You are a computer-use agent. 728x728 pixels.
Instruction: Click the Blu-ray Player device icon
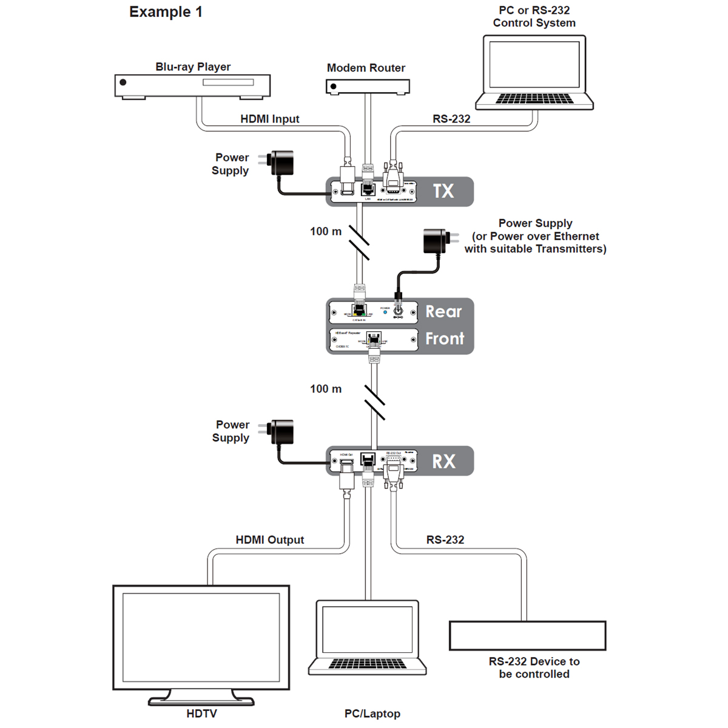(192, 86)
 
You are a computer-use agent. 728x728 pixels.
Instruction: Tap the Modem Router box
(368, 87)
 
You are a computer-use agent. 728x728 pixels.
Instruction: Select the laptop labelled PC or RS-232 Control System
(534, 72)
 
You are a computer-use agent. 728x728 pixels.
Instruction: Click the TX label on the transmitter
(443, 191)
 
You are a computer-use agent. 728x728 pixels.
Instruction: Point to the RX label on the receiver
(443, 462)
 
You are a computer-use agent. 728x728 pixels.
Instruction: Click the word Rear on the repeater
(443, 312)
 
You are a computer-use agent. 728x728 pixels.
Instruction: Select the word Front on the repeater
(445, 339)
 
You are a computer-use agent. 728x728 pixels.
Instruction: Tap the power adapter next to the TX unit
(281, 163)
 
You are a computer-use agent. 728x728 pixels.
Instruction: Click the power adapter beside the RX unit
(281, 431)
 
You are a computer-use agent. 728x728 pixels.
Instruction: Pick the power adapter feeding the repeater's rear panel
(434, 241)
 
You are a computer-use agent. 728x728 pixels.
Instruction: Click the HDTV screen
(201, 637)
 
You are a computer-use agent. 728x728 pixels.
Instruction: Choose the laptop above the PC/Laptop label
(368, 637)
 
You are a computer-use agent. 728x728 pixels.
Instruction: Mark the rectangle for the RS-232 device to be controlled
(527, 636)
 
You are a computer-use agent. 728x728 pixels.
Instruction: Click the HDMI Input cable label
(270, 119)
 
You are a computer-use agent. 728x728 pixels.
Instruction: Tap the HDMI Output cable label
(270, 540)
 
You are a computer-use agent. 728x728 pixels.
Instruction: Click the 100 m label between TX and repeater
(326, 231)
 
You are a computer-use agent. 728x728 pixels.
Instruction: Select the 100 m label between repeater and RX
(326, 389)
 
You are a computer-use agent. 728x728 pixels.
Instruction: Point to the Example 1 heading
(166, 12)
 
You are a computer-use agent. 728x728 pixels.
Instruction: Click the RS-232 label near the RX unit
(445, 540)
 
